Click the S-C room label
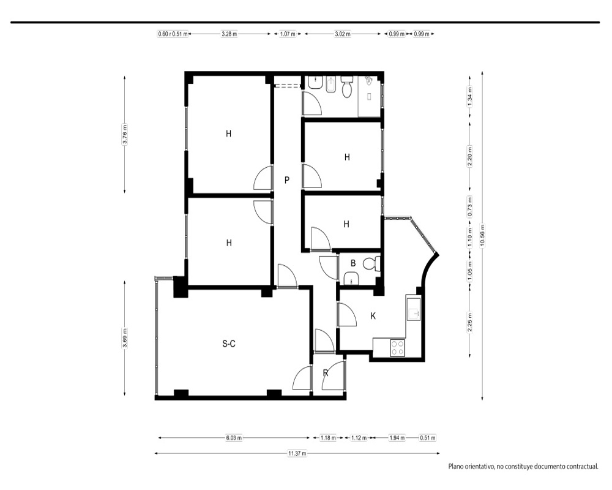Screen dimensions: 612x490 (229, 344)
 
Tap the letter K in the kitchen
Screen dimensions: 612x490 (373, 316)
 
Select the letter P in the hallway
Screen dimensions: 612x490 (287, 180)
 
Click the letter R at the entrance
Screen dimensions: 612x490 (326, 373)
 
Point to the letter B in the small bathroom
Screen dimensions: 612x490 (353, 263)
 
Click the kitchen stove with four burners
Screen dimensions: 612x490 (398, 347)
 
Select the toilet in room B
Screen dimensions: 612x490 (371, 264)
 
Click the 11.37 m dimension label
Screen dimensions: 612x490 (297, 453)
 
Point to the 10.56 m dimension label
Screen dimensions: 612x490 (482, 236)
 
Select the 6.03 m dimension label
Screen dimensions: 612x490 (234, 438)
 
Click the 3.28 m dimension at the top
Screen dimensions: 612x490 (229, 34)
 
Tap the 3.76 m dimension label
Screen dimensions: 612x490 (124, 134)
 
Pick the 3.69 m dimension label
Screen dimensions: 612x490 (124, 338)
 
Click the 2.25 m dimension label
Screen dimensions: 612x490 (470, 323)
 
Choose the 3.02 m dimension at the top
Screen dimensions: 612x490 (342, 34)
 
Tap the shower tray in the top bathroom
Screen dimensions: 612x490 (369, 96)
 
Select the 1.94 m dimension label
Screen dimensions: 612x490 (397, 438)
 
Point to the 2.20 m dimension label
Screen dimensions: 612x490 (470, 156)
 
